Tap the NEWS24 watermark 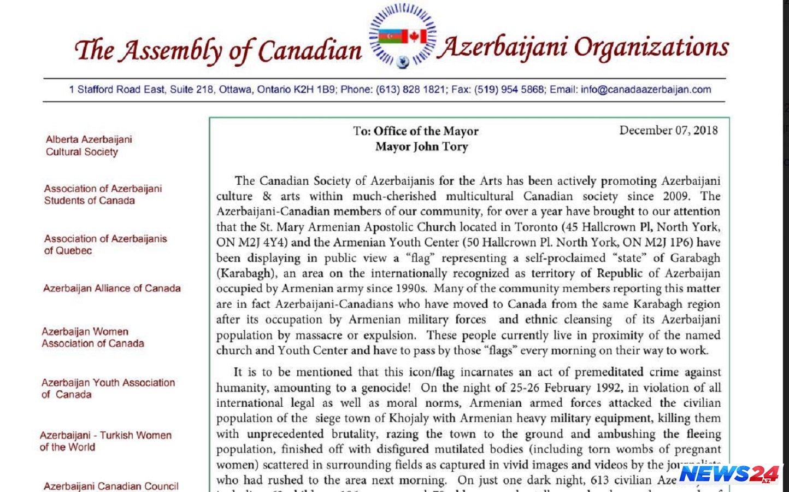tap(729, 474)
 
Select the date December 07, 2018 tap(668, 130)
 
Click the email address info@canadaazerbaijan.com tap(646, 90)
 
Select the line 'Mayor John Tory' tap(421, 147)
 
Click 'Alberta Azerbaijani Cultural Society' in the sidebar tap(89, 145)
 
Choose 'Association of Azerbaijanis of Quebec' tap(105, 244)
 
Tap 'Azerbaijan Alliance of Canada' tap(112, 288)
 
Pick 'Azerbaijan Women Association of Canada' tap(93, 337)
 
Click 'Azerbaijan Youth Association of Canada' tap(108, 388)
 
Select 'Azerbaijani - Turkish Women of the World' tap(105, 441)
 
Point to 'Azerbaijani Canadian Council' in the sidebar tap(111, 486)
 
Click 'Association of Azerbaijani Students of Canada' tap(103, 194)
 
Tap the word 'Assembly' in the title tap(171, 51)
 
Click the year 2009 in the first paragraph tap(675, 196)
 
